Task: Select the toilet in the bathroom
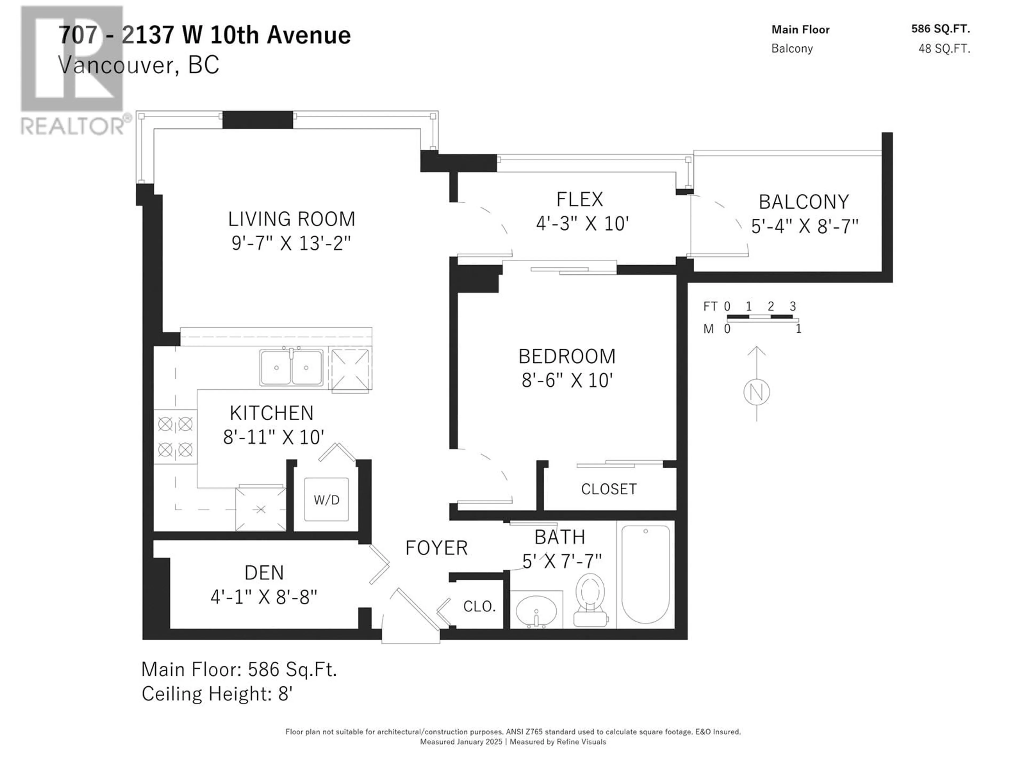tap(590, 600)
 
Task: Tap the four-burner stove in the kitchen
tap(175, 437)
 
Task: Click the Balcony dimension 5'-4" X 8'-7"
tap(805, 226)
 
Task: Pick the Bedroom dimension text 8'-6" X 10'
tap(567, 381)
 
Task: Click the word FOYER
tap(436, 548)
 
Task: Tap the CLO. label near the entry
tap(480, 606)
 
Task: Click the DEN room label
tap(264, 573)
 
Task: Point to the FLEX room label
tap(580, 199)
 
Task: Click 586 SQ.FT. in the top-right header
tap(941, 29)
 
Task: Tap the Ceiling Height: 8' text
tap(217, 694)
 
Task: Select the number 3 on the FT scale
tap(793, 306)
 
